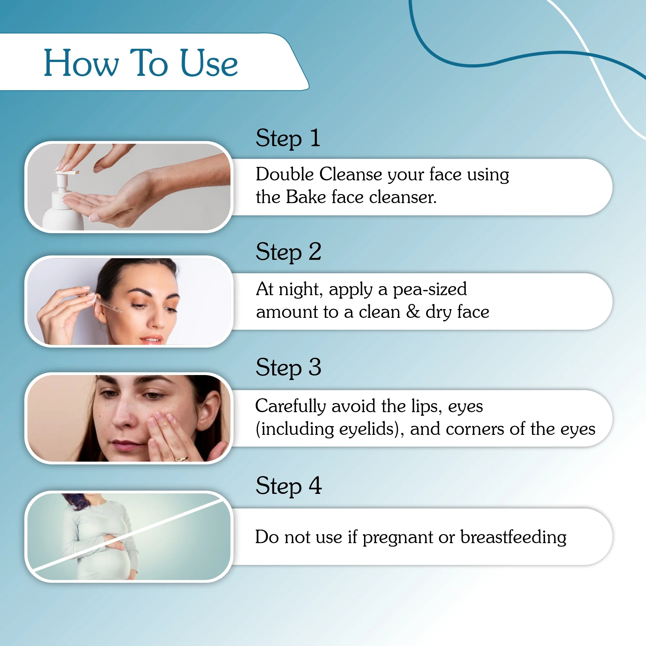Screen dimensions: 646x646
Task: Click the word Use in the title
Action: pos(209,63)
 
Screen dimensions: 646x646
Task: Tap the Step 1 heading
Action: pos(287,138)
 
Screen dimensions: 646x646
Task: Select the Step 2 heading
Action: pos(288,252)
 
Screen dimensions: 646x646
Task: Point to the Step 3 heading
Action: pos(288,368)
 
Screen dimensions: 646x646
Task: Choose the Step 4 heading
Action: pos(288,486)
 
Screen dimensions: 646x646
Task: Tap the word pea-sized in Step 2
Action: pos(429,289)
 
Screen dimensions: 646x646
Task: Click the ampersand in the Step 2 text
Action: pos(413,311)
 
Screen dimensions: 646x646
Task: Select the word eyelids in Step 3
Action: pos(367,429)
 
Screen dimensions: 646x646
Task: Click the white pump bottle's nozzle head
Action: pos(67,173)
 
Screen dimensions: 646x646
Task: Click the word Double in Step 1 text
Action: pos(285,174)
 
